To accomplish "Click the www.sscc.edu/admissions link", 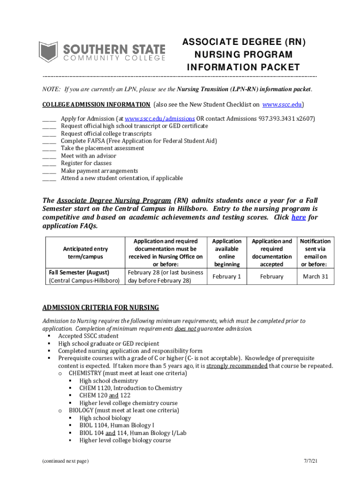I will coord(159,119).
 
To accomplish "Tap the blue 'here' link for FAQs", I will coord(298,218).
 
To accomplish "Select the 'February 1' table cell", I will coord(227,276).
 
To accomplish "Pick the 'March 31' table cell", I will coord(316,276).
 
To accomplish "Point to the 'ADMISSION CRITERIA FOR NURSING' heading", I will coord(101,308).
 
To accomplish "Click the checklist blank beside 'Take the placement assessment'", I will coord(49,149).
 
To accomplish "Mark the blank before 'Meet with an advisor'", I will coord(49,156).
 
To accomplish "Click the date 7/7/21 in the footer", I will coord(310,461).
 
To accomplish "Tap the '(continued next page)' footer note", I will coord(65,461).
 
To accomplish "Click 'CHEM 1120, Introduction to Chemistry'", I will coord(130,388).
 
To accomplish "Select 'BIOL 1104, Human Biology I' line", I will coord(116,426).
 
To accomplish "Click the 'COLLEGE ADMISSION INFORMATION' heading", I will coord(96,104).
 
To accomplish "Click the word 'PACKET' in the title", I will coord(275,67).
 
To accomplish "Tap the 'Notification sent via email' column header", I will coord(315,253).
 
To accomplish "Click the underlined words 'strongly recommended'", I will coord(237,366).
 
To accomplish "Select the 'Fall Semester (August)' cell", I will coord(79,272).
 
